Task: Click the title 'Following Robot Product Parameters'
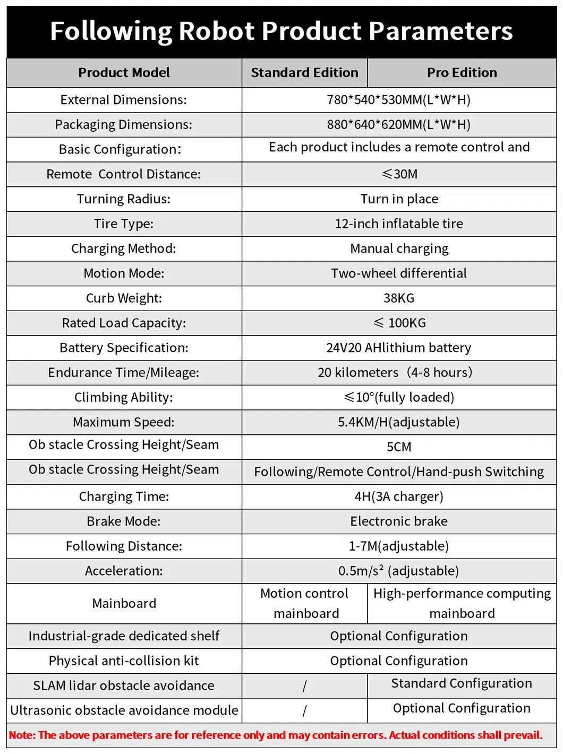click(281, 31)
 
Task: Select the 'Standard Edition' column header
click(304, 73)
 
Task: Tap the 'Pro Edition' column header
click(462, 73)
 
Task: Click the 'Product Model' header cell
click(124, 73)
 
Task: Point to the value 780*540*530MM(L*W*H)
click(399, 100)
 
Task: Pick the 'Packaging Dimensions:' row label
click(124, 125)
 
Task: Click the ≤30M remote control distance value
click(399, 174)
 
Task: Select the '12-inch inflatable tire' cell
click(399, 224)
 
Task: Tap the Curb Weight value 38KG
click(399, 298)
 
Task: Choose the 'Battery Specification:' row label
click(124, 348)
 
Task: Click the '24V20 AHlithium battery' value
click(399, 348)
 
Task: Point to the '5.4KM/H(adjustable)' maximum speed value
click(399, 422)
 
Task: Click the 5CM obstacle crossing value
click(399, 447)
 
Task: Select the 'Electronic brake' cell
click(399, 521)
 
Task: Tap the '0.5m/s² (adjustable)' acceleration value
click(399, 571)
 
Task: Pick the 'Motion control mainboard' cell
click(304, 603)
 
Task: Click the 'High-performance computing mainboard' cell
click(462, 603)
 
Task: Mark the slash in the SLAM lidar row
click(304, 686)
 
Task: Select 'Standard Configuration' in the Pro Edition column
click(462, 683)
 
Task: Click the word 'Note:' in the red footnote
click(22, 735)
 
